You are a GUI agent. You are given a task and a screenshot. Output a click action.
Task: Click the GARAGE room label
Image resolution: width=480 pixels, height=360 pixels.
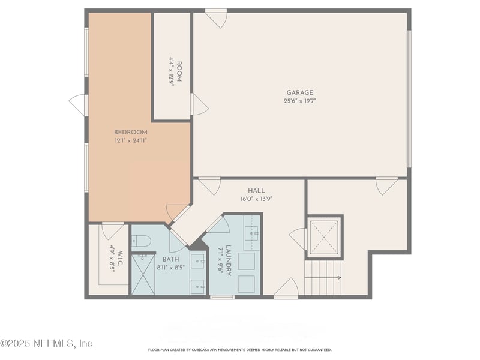point(299,92)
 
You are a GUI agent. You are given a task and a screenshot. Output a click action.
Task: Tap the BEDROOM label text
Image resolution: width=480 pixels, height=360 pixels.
point(131,132)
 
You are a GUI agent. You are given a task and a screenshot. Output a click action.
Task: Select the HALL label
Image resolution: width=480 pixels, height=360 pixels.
point(257,190)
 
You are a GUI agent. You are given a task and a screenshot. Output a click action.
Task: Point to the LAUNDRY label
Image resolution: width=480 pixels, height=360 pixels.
point(229,260)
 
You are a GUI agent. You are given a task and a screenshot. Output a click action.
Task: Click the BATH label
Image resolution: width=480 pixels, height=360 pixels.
point(171,259)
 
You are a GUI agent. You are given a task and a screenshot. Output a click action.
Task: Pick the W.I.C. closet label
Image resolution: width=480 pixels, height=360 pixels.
point(120,259)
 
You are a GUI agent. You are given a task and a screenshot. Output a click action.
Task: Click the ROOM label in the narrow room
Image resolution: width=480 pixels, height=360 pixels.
point(179,71)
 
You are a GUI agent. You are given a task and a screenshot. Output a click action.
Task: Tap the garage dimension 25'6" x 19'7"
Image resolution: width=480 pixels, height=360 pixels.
point(299,101)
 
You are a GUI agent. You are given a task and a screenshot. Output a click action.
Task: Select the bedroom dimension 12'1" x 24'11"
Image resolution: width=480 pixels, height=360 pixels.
point(131,140)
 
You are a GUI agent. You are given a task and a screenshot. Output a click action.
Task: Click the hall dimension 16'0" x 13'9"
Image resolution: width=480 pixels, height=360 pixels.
point(257,199)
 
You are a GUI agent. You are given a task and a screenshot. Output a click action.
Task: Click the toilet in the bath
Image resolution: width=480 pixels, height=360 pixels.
point(141,241)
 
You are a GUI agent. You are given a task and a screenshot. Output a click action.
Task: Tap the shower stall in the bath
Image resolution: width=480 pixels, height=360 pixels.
point(143,275)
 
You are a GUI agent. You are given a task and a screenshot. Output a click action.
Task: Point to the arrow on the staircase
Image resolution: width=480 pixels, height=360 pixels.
point(323,278)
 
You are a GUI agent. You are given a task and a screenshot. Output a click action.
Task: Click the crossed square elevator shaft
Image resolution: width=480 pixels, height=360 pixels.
point(324,236)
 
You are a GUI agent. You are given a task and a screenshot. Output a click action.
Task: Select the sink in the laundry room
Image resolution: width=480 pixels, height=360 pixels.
point(252,233)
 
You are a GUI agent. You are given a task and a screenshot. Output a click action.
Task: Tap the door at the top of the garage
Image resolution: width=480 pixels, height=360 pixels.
point(216,19)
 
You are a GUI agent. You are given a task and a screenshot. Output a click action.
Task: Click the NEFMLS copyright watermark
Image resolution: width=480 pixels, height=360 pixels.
point(46,343)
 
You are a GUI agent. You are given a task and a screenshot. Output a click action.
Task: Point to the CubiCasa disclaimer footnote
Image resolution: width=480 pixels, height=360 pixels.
point(239,350)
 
